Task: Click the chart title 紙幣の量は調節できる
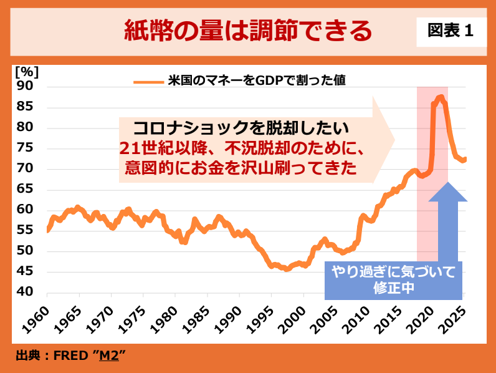248,30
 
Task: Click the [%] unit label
26,70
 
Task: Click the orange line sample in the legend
148,80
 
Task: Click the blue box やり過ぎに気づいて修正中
393,280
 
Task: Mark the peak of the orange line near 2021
440,97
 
